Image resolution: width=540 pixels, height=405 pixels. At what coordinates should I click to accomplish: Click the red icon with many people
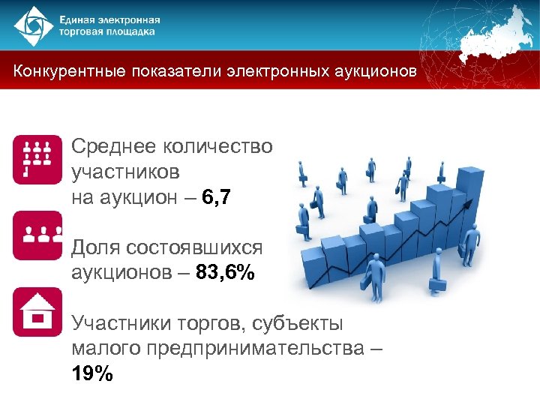[x=37, y=159]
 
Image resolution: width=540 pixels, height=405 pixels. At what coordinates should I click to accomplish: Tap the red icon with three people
[x=37, y=235]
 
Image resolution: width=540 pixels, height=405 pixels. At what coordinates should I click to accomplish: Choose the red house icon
[x=37, y=311]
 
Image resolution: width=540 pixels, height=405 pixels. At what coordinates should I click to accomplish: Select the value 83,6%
[x=225, y=273]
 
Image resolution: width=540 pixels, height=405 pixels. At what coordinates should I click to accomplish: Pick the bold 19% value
[x=93, y=373]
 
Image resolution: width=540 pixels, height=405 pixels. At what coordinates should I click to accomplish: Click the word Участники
[x=120, y=323]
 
